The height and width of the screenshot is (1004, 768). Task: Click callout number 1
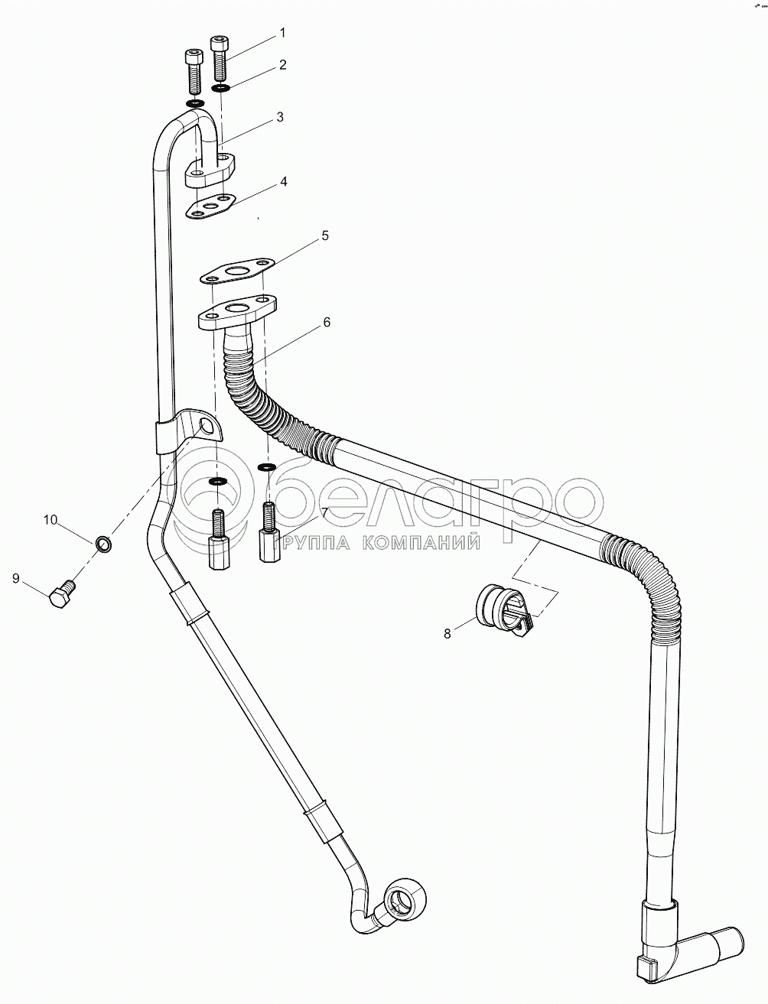[281, 33]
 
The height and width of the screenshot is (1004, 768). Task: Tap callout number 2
[282, 65]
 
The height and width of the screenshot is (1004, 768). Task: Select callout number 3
[280, 117]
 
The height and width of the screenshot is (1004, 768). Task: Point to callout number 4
[282, 182]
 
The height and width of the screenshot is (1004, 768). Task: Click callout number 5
[324, 236]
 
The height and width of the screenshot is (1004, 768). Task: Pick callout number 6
[326, 323]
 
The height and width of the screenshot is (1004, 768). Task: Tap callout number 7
[324, 512]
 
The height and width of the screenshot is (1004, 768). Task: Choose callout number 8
[448, 632]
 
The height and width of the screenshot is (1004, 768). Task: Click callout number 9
[16, 579]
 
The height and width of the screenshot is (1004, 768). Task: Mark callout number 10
[50, 521]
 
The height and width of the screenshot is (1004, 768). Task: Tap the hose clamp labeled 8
[503, 609]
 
